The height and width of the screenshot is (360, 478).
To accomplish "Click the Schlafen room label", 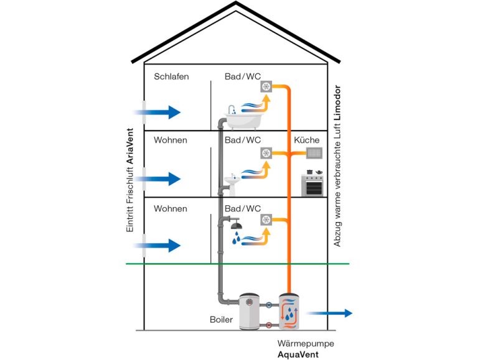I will tap(171, 77).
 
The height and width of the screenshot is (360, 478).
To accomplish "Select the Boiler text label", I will tap(221, 320).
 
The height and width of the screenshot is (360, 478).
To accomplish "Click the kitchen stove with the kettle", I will tap(312, 183).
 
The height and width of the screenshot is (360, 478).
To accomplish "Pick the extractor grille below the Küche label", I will tap(314, 153).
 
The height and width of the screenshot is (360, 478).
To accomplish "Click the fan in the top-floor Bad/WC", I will tap(268, 88).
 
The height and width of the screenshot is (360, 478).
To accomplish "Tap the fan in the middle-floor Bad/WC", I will tap(268, 153).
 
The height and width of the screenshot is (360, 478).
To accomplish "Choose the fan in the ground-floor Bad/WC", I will tap(268, 219).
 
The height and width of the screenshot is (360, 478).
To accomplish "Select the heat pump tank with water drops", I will tap(290, 312).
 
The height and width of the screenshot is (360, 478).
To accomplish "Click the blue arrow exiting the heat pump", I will tap(330, 313).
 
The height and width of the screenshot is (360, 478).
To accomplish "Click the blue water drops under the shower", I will tap(237, 238).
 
